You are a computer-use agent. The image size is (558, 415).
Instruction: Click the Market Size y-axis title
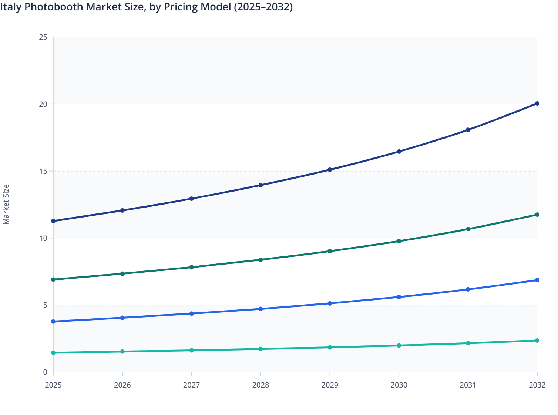tap(6, 204)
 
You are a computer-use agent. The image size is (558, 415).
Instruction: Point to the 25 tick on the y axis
tap(43, 37)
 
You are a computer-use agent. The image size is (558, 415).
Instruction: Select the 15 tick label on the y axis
tap(43, 171)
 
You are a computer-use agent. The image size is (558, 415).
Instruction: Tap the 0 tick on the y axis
tap(45, 372)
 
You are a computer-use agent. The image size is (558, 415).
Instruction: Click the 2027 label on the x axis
tap(191, 385)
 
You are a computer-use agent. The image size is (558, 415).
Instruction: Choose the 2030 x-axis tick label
tap(399, 385)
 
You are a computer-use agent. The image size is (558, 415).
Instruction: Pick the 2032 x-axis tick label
tap(537, 385)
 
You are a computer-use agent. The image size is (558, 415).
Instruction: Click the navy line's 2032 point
tap(537, 103)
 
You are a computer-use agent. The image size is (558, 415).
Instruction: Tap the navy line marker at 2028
tap(260, 185)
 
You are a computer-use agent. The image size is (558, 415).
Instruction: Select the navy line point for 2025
tap(53, 221)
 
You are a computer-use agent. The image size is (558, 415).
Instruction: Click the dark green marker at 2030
tap(399, 241)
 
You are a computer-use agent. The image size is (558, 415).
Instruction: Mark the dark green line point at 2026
tap(122, 273)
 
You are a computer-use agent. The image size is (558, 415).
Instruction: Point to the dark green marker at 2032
tap(537, 215)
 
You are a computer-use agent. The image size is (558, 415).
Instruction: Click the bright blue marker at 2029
tap(330, 303)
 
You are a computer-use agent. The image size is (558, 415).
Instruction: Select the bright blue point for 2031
tap(468, 289)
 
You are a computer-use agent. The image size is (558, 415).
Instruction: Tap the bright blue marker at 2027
tap(191, 313)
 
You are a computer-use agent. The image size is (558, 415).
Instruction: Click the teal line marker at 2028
tap(260, 349)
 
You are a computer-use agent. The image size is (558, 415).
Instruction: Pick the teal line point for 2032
tap(537, 341)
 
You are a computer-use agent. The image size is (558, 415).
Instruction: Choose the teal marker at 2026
tap(122, 351)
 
